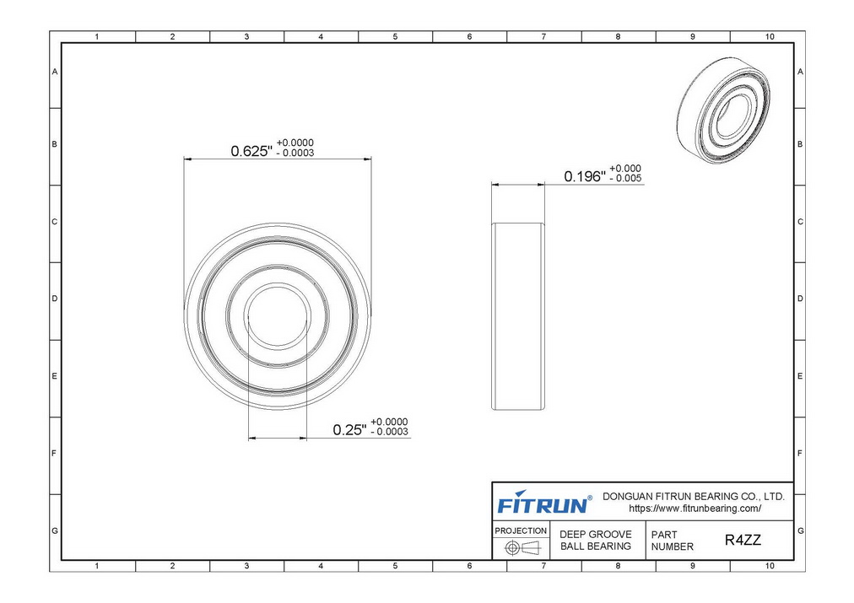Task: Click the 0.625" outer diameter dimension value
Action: pyautogui.click(x=251, y=151)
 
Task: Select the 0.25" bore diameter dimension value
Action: pyautogui.click(x=349, y=430)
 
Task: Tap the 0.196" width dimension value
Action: pyautogui.click(x=585, y=176)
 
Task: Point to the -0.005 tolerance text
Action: pyautogui.click(x=626, y=179)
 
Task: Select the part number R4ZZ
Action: pyautogui.click(x=743, y=540)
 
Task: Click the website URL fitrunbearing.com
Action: pyautogui.click(x=695, y=509)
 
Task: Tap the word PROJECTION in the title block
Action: pyautogui.click(x=521, y=530)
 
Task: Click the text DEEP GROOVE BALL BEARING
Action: pyautogui.click(x=596, y=540)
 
